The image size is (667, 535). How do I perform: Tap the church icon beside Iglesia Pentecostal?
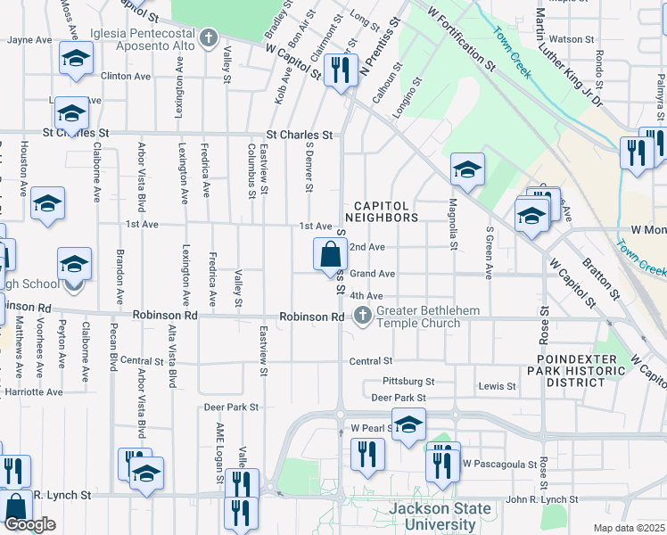coord(209,37)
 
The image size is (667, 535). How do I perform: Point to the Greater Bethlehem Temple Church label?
coord(417,317)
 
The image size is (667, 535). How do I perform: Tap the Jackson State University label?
coord(441,516)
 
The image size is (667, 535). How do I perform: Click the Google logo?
coord(29,524)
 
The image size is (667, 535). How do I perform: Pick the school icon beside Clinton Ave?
coord(76,59)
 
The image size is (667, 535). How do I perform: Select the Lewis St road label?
coord(497,386)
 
